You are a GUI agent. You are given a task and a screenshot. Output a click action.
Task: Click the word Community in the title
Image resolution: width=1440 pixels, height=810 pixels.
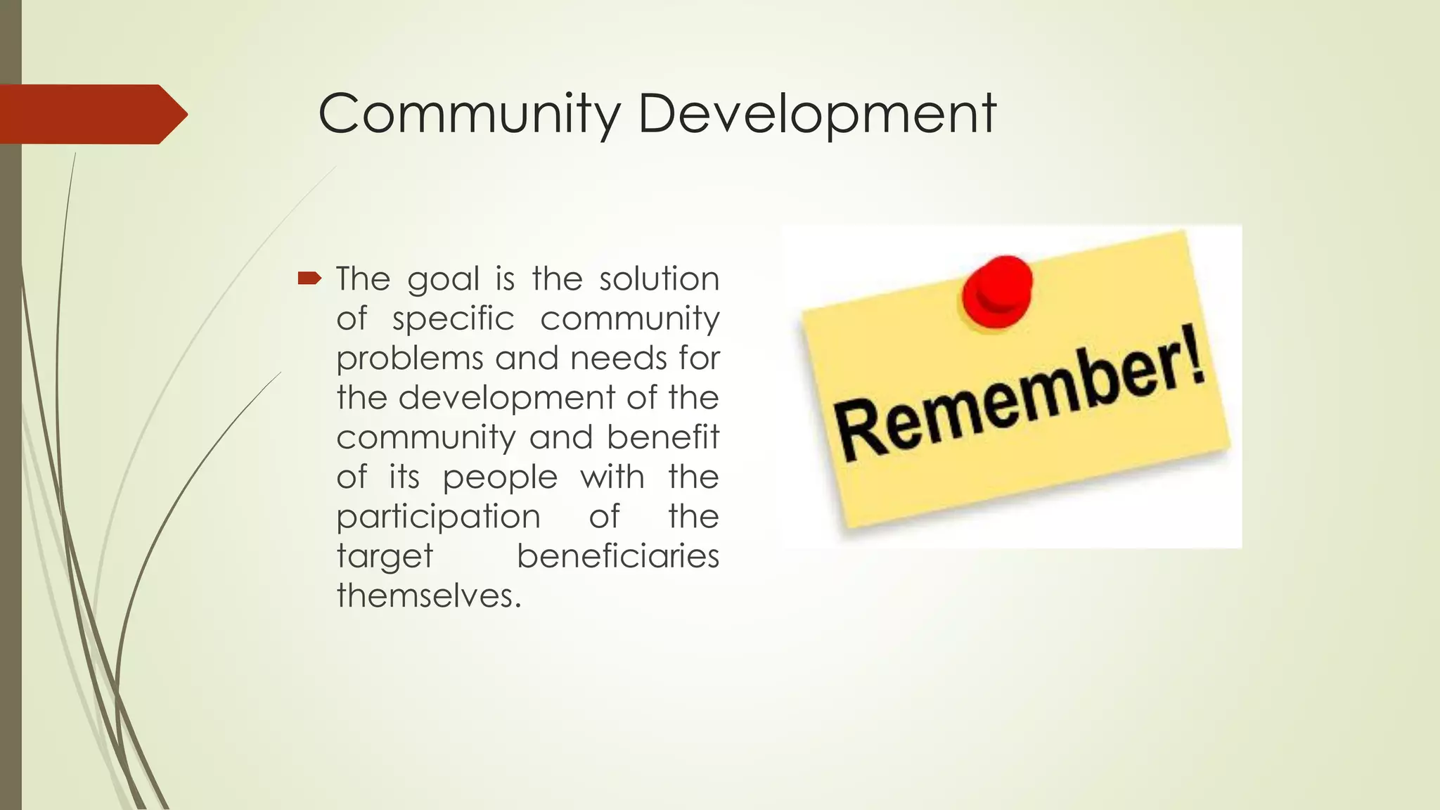pyautogui.click(x=470, y=114)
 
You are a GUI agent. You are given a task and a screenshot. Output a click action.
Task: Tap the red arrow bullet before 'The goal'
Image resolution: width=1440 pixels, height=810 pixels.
pyautogui.click(x=309, y=279)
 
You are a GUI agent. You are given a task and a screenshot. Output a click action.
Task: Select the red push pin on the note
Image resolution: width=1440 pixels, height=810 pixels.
pyautogui.click(x=998, y=290)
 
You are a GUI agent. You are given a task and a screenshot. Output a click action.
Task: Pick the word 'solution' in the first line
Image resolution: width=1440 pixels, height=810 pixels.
pyautogui.click(x=659, y=279)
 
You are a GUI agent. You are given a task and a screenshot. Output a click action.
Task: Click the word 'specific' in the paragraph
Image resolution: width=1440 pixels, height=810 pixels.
pyautogui.click(x=454, y=319)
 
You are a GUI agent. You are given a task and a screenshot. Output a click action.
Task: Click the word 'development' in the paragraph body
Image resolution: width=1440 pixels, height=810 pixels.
pyautogui.click(x=507, y=398)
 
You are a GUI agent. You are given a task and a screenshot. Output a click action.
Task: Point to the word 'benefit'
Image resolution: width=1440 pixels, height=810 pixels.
pyautogui.click(x=663, y=437)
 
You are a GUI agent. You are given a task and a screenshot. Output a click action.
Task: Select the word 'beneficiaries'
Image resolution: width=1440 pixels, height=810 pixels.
pyautogui.click(x=618, y=556)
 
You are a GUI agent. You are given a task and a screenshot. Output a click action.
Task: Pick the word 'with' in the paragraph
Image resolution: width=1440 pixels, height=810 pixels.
pyautogui.click(x=612, y=477)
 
